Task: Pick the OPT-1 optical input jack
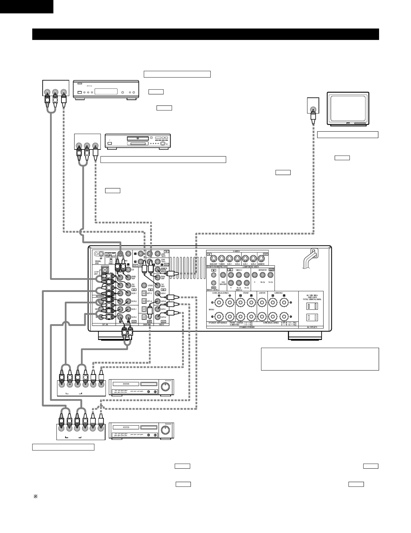(144, 293)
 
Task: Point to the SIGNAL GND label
(98, 262)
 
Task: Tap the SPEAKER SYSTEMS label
(252, 327)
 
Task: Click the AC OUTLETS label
(311, 327)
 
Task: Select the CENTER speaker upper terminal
(262, 302)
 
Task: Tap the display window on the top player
(106, 92)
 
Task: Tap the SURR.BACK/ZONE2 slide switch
(111, 260)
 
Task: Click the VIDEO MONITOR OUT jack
(158, 270)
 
